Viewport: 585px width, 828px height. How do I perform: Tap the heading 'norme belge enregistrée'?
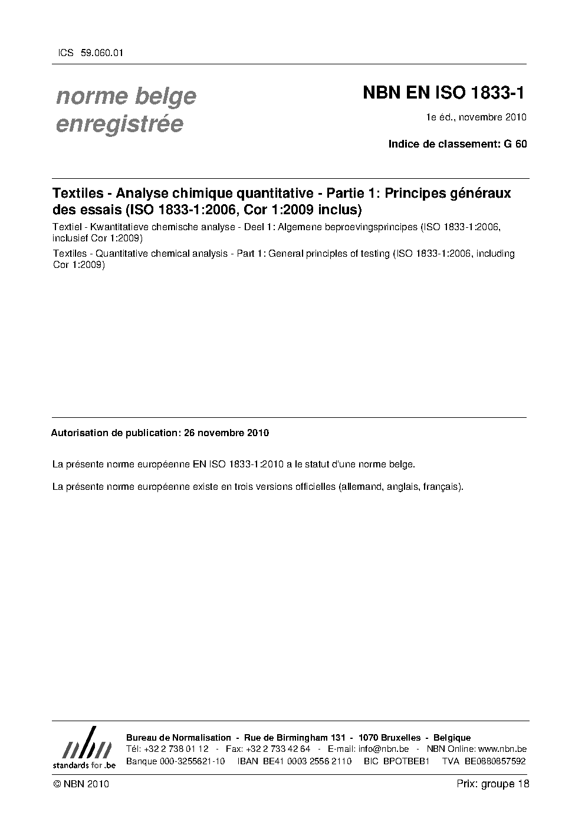[x=126, y=110]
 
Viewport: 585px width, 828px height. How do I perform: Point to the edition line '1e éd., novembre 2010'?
[x=476, y=117]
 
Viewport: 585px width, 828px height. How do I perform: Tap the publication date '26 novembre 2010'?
[x=226, y=433]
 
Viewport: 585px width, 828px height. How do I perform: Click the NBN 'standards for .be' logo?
[x=84, y=747]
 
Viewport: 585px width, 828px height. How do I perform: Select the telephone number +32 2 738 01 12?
[x=176, y=749]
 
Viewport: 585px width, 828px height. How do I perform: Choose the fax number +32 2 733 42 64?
[x=278, y=749]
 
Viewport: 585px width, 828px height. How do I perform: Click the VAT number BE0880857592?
[x=495, y=761]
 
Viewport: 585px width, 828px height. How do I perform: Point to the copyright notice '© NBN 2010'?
[x=81, y=784]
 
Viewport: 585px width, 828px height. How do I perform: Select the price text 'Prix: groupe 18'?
[x=493, y=784]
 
